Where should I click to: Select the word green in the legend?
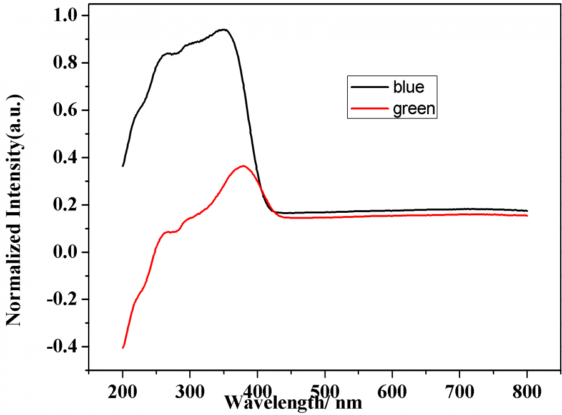[413, 109]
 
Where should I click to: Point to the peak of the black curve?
[222, 29]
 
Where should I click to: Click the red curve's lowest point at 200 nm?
[123, 348]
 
